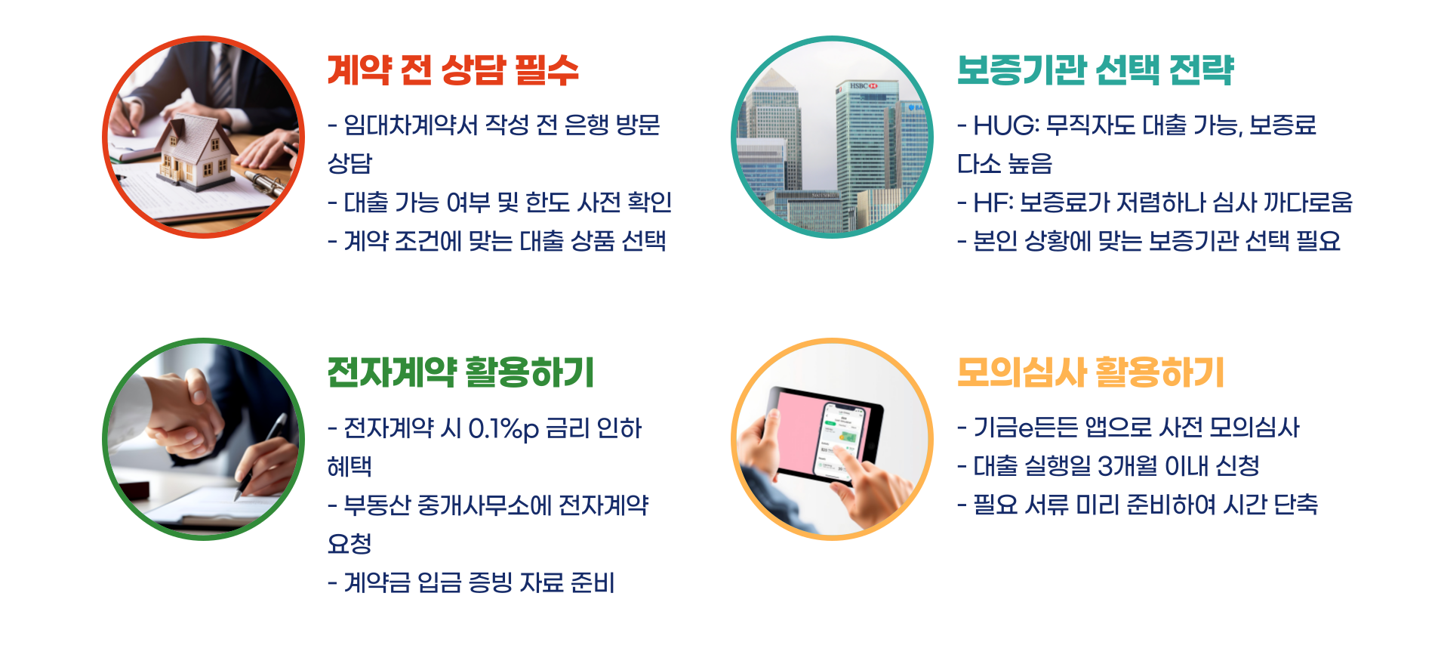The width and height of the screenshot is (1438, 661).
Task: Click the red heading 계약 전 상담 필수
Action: [452, 70]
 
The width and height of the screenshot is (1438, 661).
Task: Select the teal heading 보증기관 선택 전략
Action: [1095, 70]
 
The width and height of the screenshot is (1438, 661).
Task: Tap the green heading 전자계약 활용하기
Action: [460, 372]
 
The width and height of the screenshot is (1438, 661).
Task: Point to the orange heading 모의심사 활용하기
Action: [1090, 372]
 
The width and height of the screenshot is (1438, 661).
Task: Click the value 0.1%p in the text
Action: [503, 429]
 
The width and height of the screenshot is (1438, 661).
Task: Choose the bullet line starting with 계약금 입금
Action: [472, 582]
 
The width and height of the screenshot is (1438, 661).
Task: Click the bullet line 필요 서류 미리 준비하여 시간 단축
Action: [1138, 505]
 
